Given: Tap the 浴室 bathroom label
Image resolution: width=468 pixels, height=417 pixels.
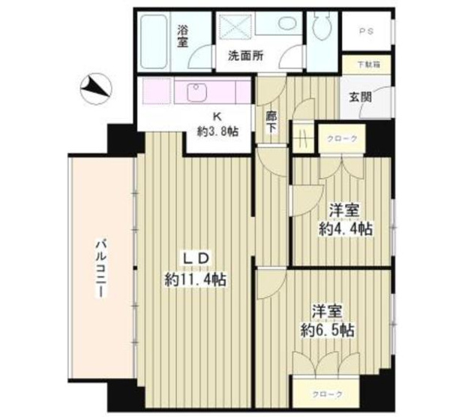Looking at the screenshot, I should (182, 35).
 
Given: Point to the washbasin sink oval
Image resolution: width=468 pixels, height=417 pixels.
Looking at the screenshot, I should (285, 23).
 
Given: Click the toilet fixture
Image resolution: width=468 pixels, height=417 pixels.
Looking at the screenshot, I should (322, 27).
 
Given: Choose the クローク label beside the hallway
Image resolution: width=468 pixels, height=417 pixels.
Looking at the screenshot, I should (342, 139).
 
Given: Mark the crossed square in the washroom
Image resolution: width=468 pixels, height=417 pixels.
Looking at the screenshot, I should (233, 26).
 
